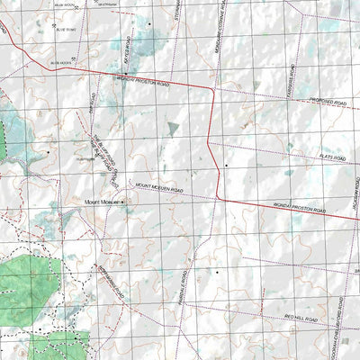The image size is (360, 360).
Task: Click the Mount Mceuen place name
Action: point(102,202)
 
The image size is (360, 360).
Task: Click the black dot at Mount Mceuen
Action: point(123,203)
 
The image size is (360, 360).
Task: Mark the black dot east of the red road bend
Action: point(227,166)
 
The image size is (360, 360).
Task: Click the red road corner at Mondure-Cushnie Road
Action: point(212,91)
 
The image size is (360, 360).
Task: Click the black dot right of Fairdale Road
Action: point(217,270)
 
